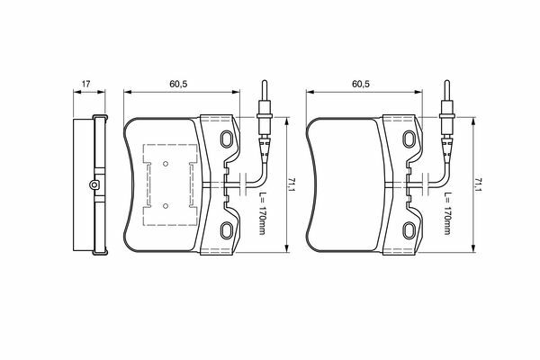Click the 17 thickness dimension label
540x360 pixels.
click(85, 84)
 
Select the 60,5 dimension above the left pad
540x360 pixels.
click(178, 84)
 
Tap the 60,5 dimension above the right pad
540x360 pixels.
click(361, 84)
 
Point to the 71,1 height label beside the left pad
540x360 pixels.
click(292, 185)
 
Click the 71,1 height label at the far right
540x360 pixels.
click(478, 185)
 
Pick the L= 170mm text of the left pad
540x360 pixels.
click(262, 213)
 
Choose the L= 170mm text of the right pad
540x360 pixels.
click(447, 213)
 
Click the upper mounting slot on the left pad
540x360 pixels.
click(227, 139)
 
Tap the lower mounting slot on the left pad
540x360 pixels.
click(227, 230)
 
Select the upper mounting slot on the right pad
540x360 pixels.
click(409, 139)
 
